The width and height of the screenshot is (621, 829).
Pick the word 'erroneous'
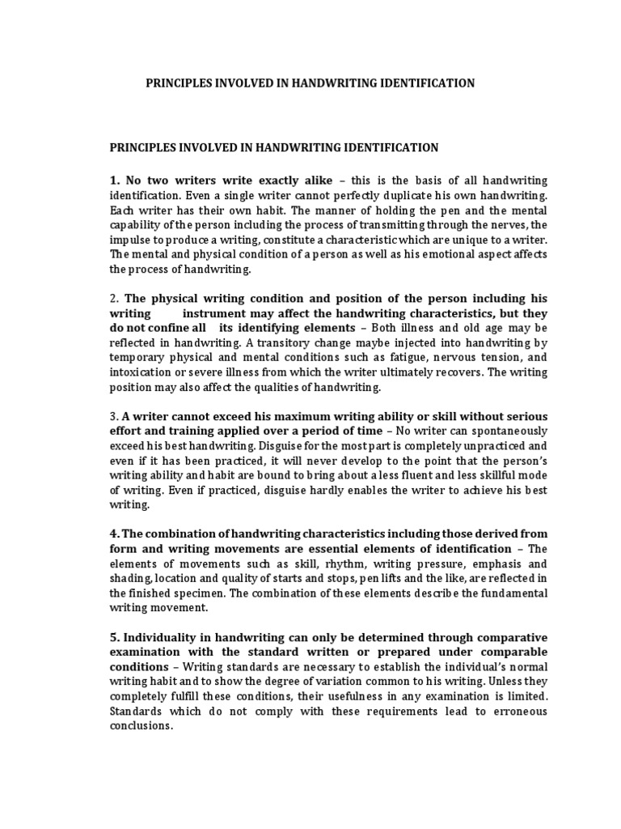tap(513, 712)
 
